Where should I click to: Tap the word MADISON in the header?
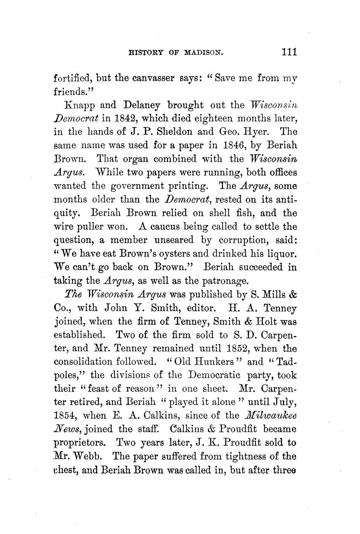(204, 53)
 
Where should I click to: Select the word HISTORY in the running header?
(144, 53)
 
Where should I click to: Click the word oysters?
(171, 254)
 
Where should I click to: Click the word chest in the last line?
(65, 470)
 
